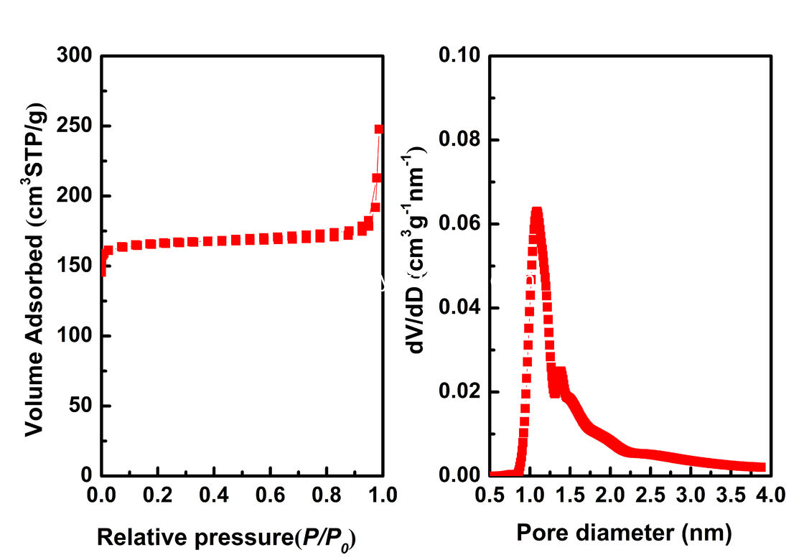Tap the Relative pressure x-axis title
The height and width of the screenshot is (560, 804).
(226, 536)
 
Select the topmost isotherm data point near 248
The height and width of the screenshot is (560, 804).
(379, 129)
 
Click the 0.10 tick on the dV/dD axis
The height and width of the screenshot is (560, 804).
(464, 56)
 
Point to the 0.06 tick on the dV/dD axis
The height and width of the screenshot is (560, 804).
(464, 224)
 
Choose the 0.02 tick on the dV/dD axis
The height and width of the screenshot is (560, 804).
(464, 392)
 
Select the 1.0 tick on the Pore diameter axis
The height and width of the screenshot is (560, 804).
(530, 495)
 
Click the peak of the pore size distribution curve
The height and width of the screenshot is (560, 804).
(536, 212)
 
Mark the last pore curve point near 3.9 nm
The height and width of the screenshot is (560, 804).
(762, 467)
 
